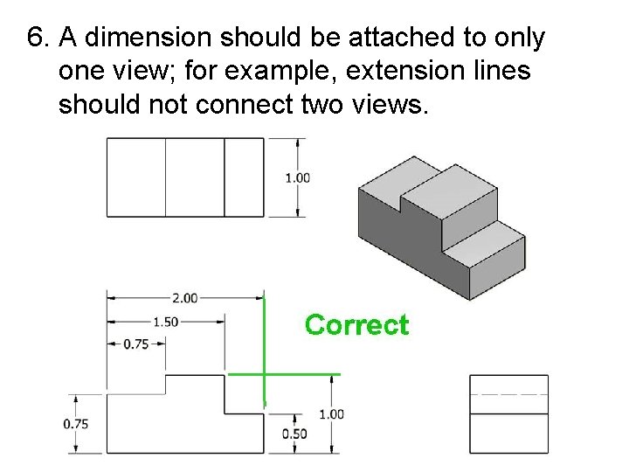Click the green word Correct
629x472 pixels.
coord(356,325)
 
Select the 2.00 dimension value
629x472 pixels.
coord(184,298)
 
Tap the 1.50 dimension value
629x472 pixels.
coord(165,322)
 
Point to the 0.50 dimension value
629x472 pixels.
coord(294,434)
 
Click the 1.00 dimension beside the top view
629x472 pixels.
coord(298,177)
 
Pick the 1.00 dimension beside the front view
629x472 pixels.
coord(331,414)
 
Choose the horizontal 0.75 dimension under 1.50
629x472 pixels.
coord(135,344)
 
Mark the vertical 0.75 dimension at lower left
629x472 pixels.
coord(76,424)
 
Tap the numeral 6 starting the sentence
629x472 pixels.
coord(35,38)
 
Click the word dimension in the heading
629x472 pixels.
coord(139,38)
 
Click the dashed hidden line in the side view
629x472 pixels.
coord(508,395)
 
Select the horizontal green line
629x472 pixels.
coord(283,374)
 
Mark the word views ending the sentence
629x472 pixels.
coord(391,104)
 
